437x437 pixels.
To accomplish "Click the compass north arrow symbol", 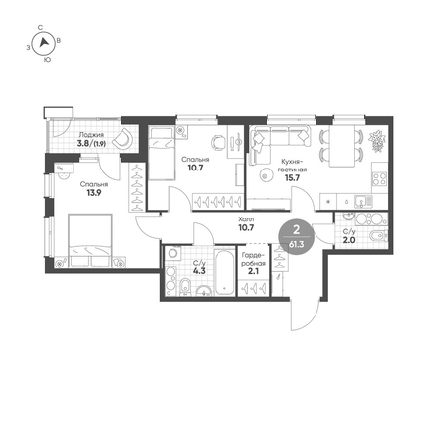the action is point(44,43).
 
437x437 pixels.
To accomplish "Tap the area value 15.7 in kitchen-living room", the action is point(292,177).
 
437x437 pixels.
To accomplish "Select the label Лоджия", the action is point(91,135).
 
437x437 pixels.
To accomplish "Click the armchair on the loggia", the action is point(122,138).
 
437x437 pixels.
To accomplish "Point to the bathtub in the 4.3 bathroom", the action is point(224,271).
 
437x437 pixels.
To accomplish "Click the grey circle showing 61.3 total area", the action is point(297,236).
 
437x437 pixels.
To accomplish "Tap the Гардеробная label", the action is point(253,259).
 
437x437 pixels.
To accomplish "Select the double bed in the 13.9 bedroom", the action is point(90,240).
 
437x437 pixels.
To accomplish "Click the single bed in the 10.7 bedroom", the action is point(161,154).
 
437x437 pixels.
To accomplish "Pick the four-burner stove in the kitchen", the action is point(380,178).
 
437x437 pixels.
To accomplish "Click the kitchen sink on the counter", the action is point(363,200).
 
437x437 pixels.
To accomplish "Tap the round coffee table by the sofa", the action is point(266,175).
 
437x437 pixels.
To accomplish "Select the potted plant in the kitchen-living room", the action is point(377,140).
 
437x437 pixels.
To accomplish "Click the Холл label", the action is point(246,219).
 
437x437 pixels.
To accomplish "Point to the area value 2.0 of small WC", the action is point(349,240).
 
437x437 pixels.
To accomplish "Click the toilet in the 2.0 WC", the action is point(379,235).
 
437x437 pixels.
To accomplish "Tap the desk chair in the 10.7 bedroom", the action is point(218,142).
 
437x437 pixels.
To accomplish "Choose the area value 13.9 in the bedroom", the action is point(94,193).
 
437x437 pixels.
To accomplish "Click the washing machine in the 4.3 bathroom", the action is point(173,253).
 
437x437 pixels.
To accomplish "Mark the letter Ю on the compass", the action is point(47,60).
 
